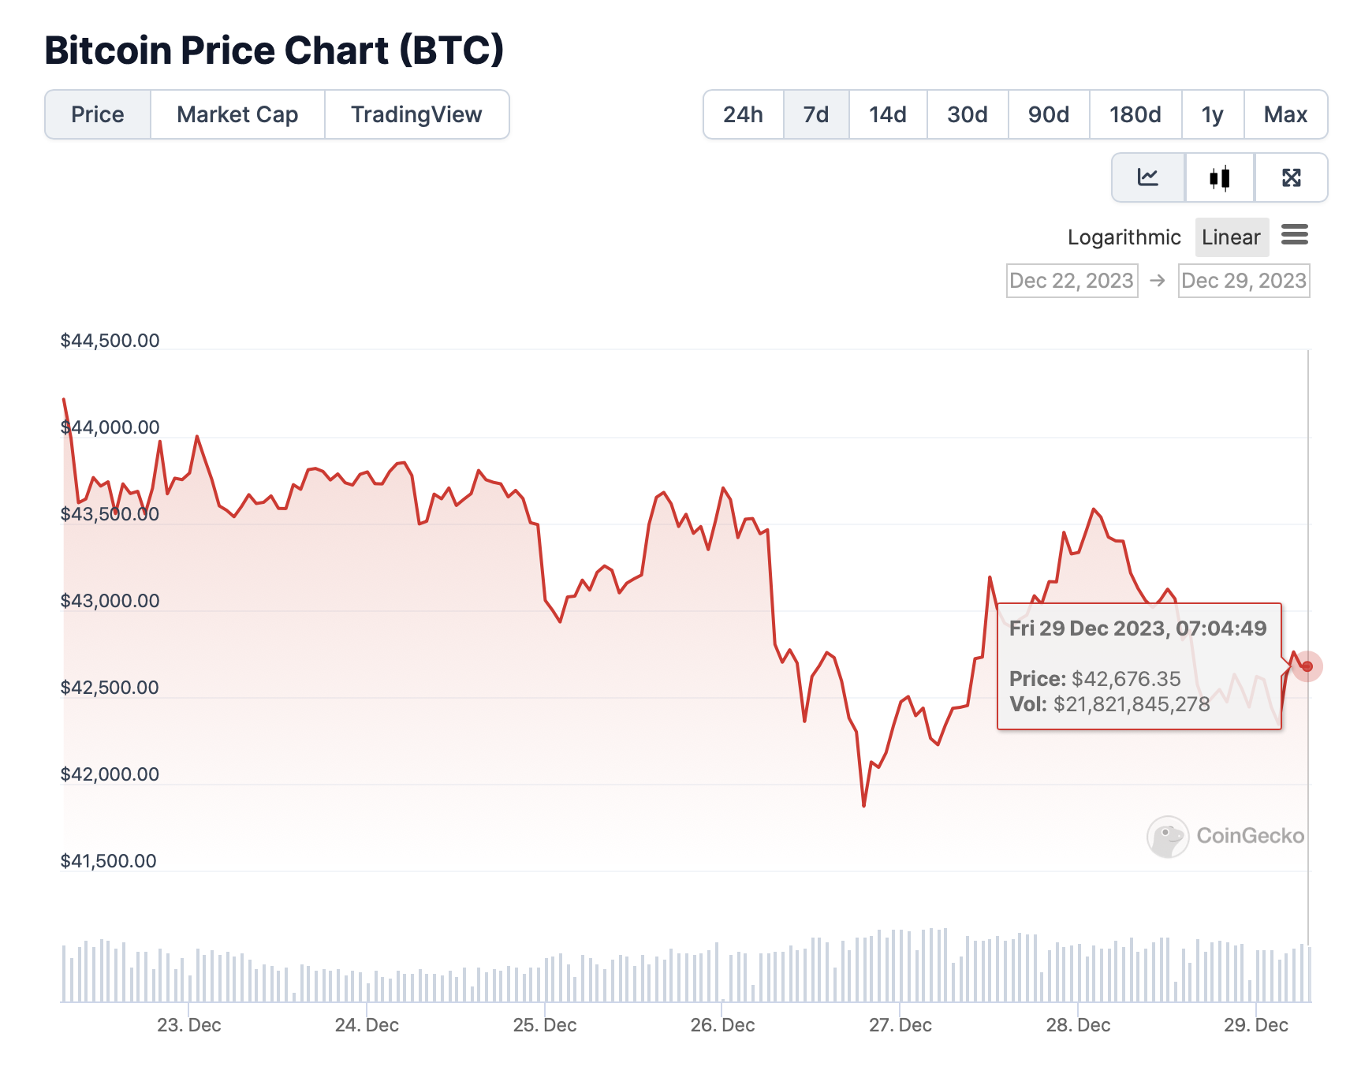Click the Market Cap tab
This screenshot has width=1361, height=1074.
[237, 115]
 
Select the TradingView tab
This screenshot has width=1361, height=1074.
[416, 115]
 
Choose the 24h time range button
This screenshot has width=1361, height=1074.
[743, 115]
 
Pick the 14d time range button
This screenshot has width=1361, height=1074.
[887, 115]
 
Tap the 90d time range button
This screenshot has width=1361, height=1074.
[1048, 115]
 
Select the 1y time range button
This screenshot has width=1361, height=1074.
[1212, 115]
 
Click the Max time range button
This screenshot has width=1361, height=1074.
[1285, 115]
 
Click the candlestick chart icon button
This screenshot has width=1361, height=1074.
[1219, 178]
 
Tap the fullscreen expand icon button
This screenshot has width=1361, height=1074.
[1291, 178]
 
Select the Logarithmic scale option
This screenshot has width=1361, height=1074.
[1124, 237]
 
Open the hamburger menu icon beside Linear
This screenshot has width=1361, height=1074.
[1295, 235]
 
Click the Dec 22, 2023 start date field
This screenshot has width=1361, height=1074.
[1072, 281]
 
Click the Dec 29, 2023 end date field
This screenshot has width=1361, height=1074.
[1244, 281]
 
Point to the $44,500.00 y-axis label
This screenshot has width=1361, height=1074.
[110, 341]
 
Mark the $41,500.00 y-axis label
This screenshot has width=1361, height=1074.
[109, 861]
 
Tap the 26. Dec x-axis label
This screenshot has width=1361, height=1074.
[722, 1025]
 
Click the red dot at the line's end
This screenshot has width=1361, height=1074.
[1307, 667]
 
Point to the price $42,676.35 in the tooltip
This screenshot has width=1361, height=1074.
[1126, 679]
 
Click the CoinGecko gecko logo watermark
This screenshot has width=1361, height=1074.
[1168, 837]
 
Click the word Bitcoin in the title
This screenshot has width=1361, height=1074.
[108, 50]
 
